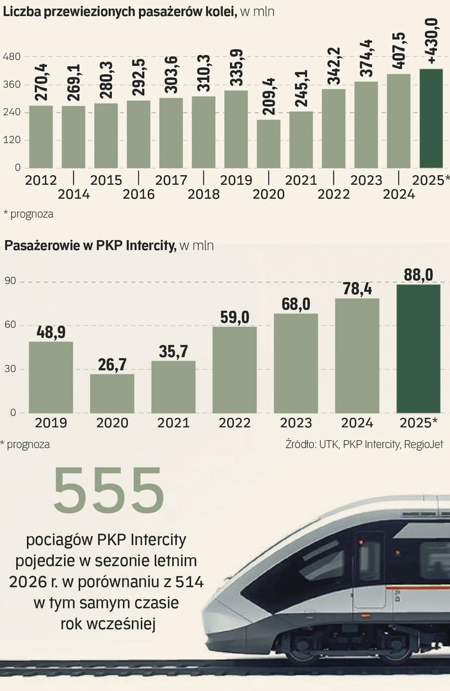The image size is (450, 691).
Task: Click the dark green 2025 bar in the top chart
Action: click(431, 118)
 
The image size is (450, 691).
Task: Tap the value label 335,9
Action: click(236, 66)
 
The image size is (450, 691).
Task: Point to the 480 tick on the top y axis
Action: click(13, 57)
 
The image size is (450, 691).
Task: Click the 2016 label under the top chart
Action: click(138, 195)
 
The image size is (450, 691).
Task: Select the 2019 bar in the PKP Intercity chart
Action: click(51, 377)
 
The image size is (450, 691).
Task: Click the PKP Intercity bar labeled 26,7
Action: click(112, 393)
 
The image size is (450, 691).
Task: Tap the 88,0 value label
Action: click(419, 274)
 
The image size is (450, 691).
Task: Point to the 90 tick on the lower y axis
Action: click(10, 282)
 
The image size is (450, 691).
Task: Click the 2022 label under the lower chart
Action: click(234, 423)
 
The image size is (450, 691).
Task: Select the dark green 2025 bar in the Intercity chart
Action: click(419, 348)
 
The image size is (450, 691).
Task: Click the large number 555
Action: click(109, 491)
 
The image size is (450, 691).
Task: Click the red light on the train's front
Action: click(362, 543)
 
